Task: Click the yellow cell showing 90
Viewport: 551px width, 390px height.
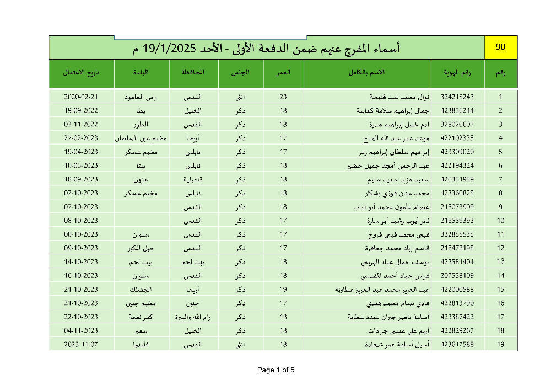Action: pos(501,47)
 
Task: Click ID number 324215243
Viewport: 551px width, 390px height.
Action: pos(457,97)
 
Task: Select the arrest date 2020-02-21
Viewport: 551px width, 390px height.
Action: pos(81,97)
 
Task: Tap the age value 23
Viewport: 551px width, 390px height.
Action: pos(283,97)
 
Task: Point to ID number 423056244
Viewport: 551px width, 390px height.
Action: pos(457,110)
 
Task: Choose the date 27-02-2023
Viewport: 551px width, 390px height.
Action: pos(81,138)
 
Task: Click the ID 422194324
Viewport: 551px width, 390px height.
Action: pos(457,165)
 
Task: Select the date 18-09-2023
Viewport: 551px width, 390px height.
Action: pos(81,179)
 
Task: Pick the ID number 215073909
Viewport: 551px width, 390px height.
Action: pos(457,207)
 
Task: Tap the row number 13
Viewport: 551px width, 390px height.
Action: pos(501,261)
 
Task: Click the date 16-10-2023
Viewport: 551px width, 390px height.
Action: pos(81,275)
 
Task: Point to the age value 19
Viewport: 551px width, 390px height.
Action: pos(283,289)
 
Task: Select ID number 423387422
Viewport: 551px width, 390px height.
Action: pos(457,317)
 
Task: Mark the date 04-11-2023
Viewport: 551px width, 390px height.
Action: pos(81,330)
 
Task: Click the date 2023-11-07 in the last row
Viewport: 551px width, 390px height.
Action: pos(81,344)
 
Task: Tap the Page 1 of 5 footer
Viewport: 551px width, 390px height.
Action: pos(276,370)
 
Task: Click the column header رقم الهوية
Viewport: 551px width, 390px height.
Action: pos(457,73)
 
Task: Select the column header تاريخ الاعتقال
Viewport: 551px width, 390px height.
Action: pos(81,73)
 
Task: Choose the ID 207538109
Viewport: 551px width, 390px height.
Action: pos(457,275)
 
